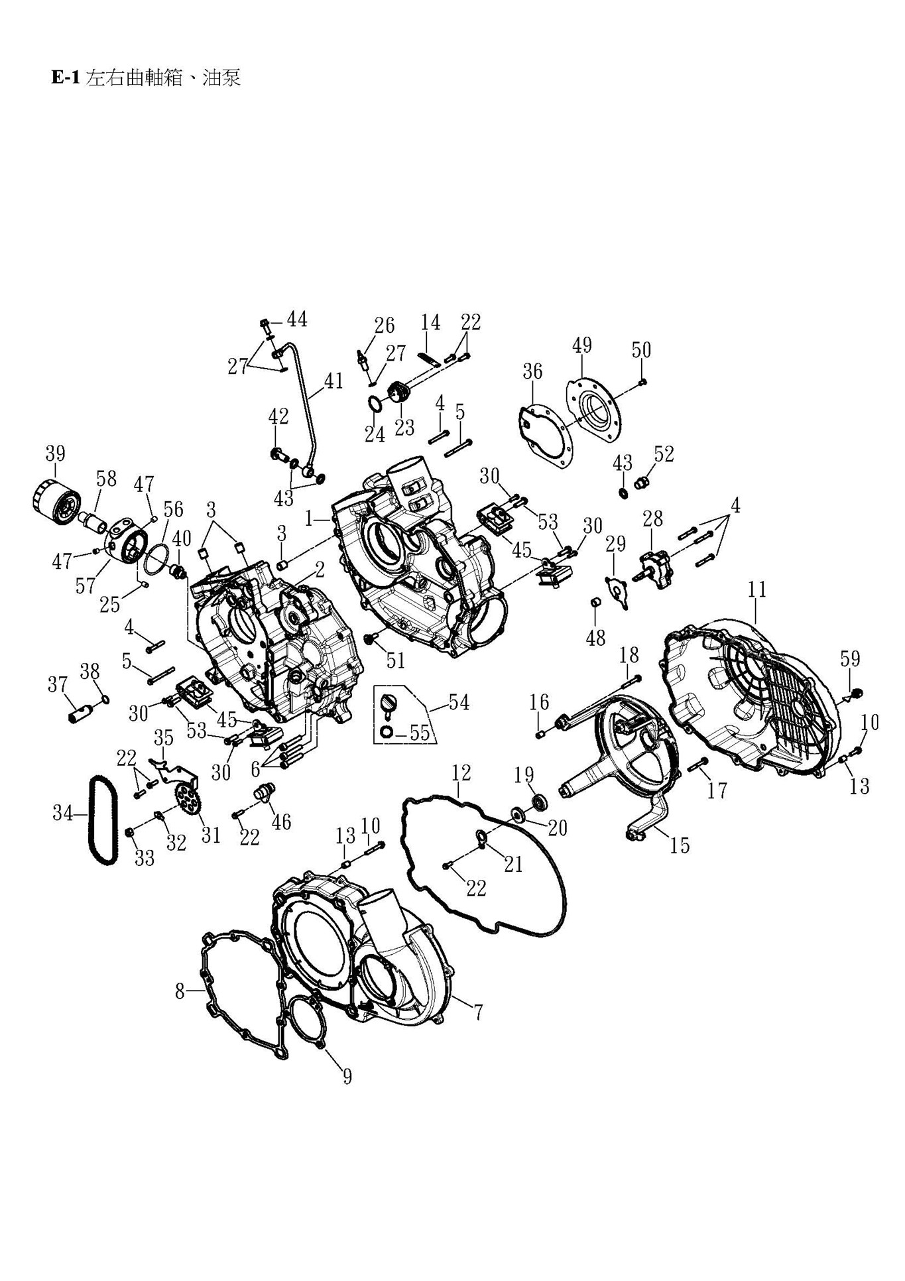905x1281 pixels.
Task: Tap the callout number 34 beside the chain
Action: (63, 813)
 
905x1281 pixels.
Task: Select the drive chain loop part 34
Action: (104, 820)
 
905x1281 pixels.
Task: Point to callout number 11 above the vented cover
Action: (757, 589)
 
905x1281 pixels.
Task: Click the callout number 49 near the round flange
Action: (581, 345)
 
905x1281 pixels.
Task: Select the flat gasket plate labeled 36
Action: (544, 438)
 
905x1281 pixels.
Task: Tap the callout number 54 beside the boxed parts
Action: (459, 703)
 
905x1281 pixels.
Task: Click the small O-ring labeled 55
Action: (387, 732)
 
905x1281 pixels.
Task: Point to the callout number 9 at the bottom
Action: (347, 1076)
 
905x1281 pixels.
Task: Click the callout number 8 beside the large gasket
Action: (180, 991)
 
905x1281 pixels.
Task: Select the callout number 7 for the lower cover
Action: (477, 1012)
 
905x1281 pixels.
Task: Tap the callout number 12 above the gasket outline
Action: (461, 772)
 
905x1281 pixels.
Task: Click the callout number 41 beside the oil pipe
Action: (333, 381)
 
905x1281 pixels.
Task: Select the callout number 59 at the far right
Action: (850, 659)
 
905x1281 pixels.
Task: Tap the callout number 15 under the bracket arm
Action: (680, 845)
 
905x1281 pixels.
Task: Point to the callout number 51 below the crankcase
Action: (395, 660)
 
